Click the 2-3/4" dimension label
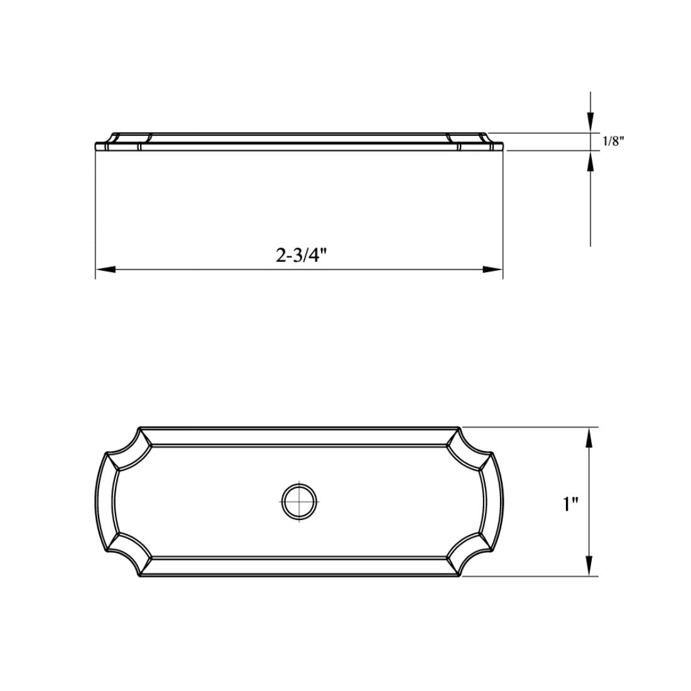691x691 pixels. [302, 255]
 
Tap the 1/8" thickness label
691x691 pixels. [613, 141]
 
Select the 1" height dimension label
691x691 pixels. [570, 503]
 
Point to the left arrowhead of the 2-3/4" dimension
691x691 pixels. [105, 269]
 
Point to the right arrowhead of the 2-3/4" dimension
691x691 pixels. [492, 269]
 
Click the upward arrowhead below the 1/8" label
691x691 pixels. [590, 162]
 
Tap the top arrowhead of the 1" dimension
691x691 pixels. [589, 438]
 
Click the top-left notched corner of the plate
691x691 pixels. [129, 442]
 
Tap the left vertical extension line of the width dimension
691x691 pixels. [95, 214]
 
